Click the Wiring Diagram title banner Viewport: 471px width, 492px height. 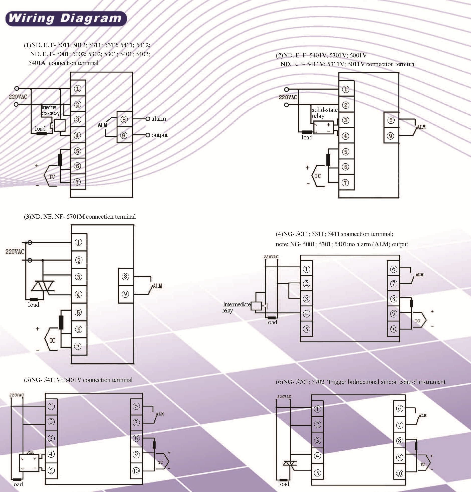pos(66,19)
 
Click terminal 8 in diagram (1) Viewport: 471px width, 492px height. pos(124,119)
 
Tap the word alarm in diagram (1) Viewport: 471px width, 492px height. pos(159,119)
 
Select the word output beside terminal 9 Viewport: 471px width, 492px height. pos(159,135)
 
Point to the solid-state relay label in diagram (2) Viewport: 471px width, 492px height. pos(324,113)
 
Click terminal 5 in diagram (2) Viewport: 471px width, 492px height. pos(345,152)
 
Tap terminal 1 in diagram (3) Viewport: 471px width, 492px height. pos(78,242)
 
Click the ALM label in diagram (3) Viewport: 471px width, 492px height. pos(157,286)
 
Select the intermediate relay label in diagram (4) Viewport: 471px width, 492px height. pos(236,307)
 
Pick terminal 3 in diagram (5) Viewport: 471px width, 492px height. pos(51,439)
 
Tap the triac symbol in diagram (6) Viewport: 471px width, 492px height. pos(289,463)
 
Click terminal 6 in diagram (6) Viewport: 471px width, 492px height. pos(399,408)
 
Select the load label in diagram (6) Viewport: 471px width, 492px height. pos(284,484)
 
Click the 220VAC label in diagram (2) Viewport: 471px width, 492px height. pos(287,97)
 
